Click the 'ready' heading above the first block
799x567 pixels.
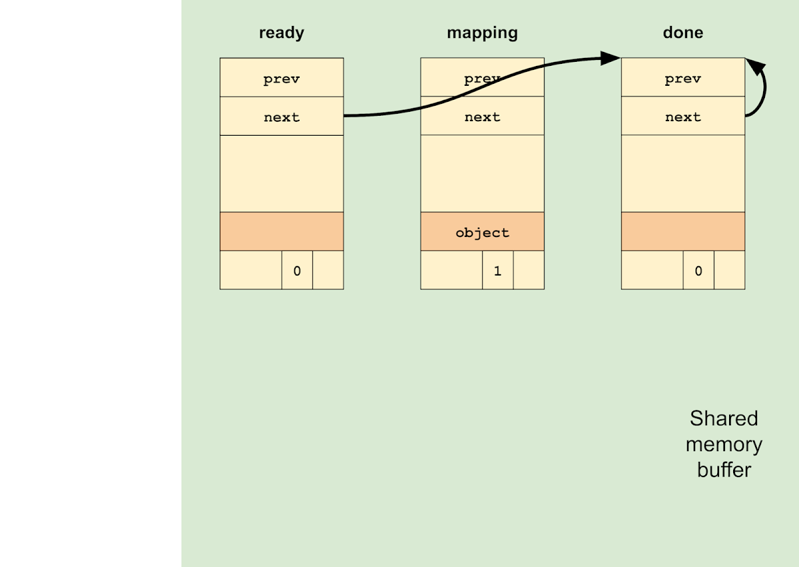[281, 33]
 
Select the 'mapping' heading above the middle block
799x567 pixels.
[482, 33]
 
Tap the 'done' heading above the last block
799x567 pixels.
[682, 33]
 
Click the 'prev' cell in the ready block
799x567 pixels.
[282, 79]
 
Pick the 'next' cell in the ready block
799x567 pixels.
[282, 117]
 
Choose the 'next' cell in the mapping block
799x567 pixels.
[482, 117]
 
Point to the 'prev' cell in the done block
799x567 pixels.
[682, 79]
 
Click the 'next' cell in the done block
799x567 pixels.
[682, 117]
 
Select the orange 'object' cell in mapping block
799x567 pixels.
[482, 232]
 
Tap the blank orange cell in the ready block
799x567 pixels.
[282, 232]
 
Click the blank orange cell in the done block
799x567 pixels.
[682, 232]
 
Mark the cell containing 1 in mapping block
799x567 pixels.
[497, 270]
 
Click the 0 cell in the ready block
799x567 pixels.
[297, 270]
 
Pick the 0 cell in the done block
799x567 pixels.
[698, 270]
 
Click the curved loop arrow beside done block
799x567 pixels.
[763, 90]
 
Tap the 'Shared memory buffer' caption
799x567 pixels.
[724, 444]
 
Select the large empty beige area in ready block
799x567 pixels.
[282, 174]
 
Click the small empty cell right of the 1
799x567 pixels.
[529, 270]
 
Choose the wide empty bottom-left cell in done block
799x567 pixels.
[652, 270]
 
